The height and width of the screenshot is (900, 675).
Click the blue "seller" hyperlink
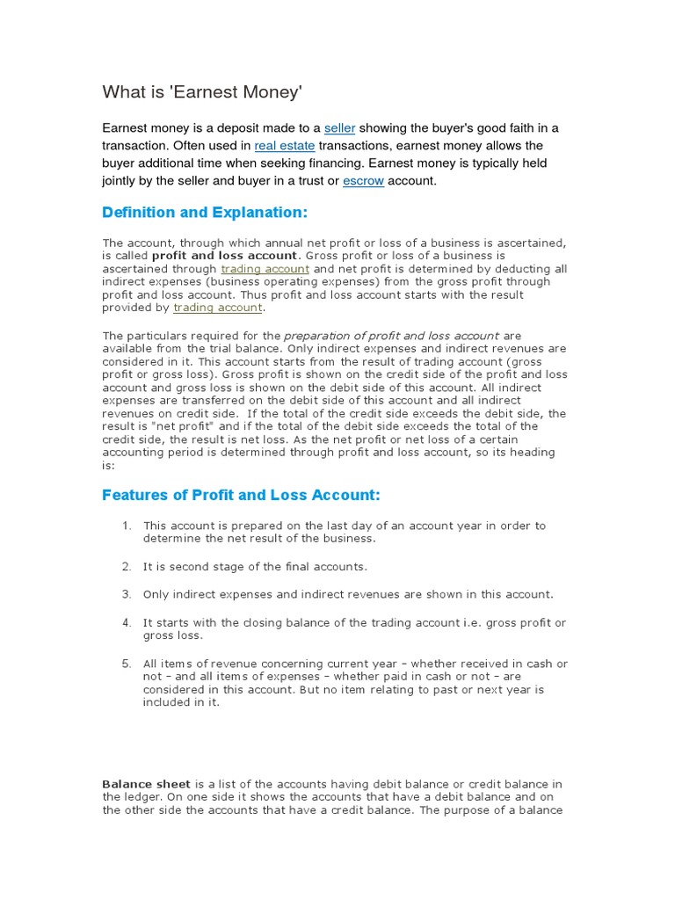[x=339, y=128]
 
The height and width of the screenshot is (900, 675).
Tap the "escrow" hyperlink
[x=363, y=181]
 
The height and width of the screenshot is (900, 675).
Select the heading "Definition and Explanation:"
[x=206, y=214]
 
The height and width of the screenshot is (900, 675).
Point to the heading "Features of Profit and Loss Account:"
[x=242, y=496]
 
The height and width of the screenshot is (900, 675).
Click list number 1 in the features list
[x=127, y=526]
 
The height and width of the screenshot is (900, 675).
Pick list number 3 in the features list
[x=127, y=595]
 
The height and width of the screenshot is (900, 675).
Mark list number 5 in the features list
[x=127, y=664]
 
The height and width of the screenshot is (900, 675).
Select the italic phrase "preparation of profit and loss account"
[x=392, y=336]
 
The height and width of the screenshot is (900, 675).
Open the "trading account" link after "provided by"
[x=218, y=308]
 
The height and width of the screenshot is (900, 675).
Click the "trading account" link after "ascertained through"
[x=265, y=269]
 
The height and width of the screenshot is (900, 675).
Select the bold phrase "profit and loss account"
[x=225, y=256]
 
